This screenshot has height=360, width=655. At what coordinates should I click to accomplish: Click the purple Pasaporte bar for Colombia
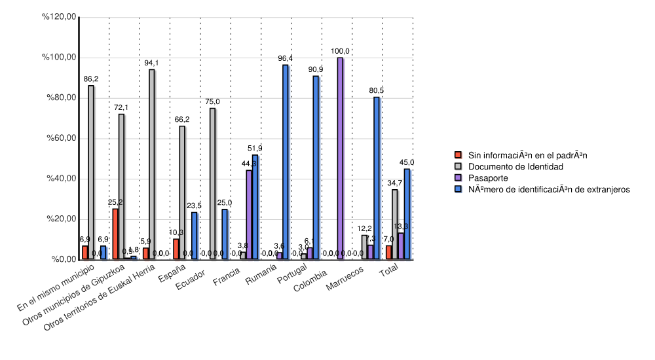(340, 158)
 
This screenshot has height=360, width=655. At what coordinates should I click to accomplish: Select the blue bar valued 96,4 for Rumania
(286, 162)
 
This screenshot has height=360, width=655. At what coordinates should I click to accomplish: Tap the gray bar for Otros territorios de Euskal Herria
(152, 164)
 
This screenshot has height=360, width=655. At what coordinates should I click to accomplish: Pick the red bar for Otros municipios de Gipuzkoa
(116, 234)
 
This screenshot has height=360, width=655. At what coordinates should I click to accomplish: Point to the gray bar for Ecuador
(213, 184)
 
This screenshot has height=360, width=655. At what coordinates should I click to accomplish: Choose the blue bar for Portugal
(316, 168)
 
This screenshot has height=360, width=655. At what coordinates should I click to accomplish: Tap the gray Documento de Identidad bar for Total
(395, 225)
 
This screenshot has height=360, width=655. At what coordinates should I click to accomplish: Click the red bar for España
(176, 249)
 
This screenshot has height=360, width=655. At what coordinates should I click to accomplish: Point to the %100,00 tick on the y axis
(60, 58)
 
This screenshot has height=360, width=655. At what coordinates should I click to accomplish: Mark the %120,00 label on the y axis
(60, 17)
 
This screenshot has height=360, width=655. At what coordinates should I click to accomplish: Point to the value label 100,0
(340, 51)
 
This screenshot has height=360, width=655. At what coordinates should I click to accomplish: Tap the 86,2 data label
(91, 79)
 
